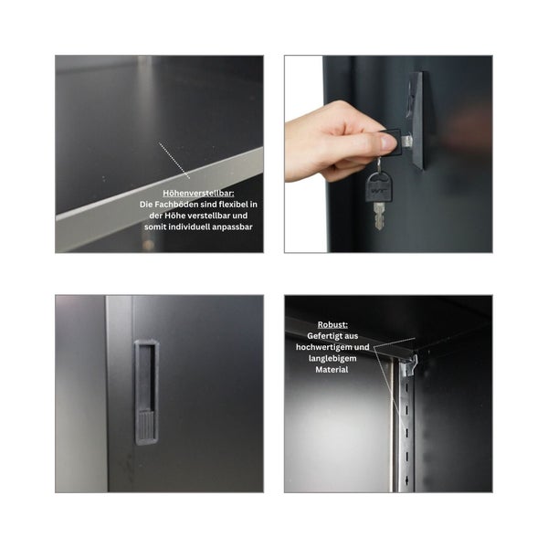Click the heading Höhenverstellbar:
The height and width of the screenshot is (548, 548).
(x=198, y=193)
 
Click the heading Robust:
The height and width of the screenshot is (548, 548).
(x=332, y=324)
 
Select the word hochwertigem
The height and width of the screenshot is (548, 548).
(x=320, y=347)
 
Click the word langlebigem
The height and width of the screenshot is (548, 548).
(x=332, y=359)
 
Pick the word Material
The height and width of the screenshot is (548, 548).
(x=332, y=370)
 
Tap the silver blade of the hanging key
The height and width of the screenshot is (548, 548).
(x=379, y=216)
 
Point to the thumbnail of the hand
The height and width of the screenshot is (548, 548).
(x=388, y=142)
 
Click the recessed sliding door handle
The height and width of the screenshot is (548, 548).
(x=146, y=392)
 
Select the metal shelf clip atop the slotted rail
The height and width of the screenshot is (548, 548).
(x=409, y=365)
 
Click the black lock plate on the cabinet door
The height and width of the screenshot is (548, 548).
(x=416, y=120)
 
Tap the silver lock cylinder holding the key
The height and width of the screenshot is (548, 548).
(x=406, y=141)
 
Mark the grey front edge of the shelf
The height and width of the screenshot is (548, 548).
(x=160, y=199)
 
